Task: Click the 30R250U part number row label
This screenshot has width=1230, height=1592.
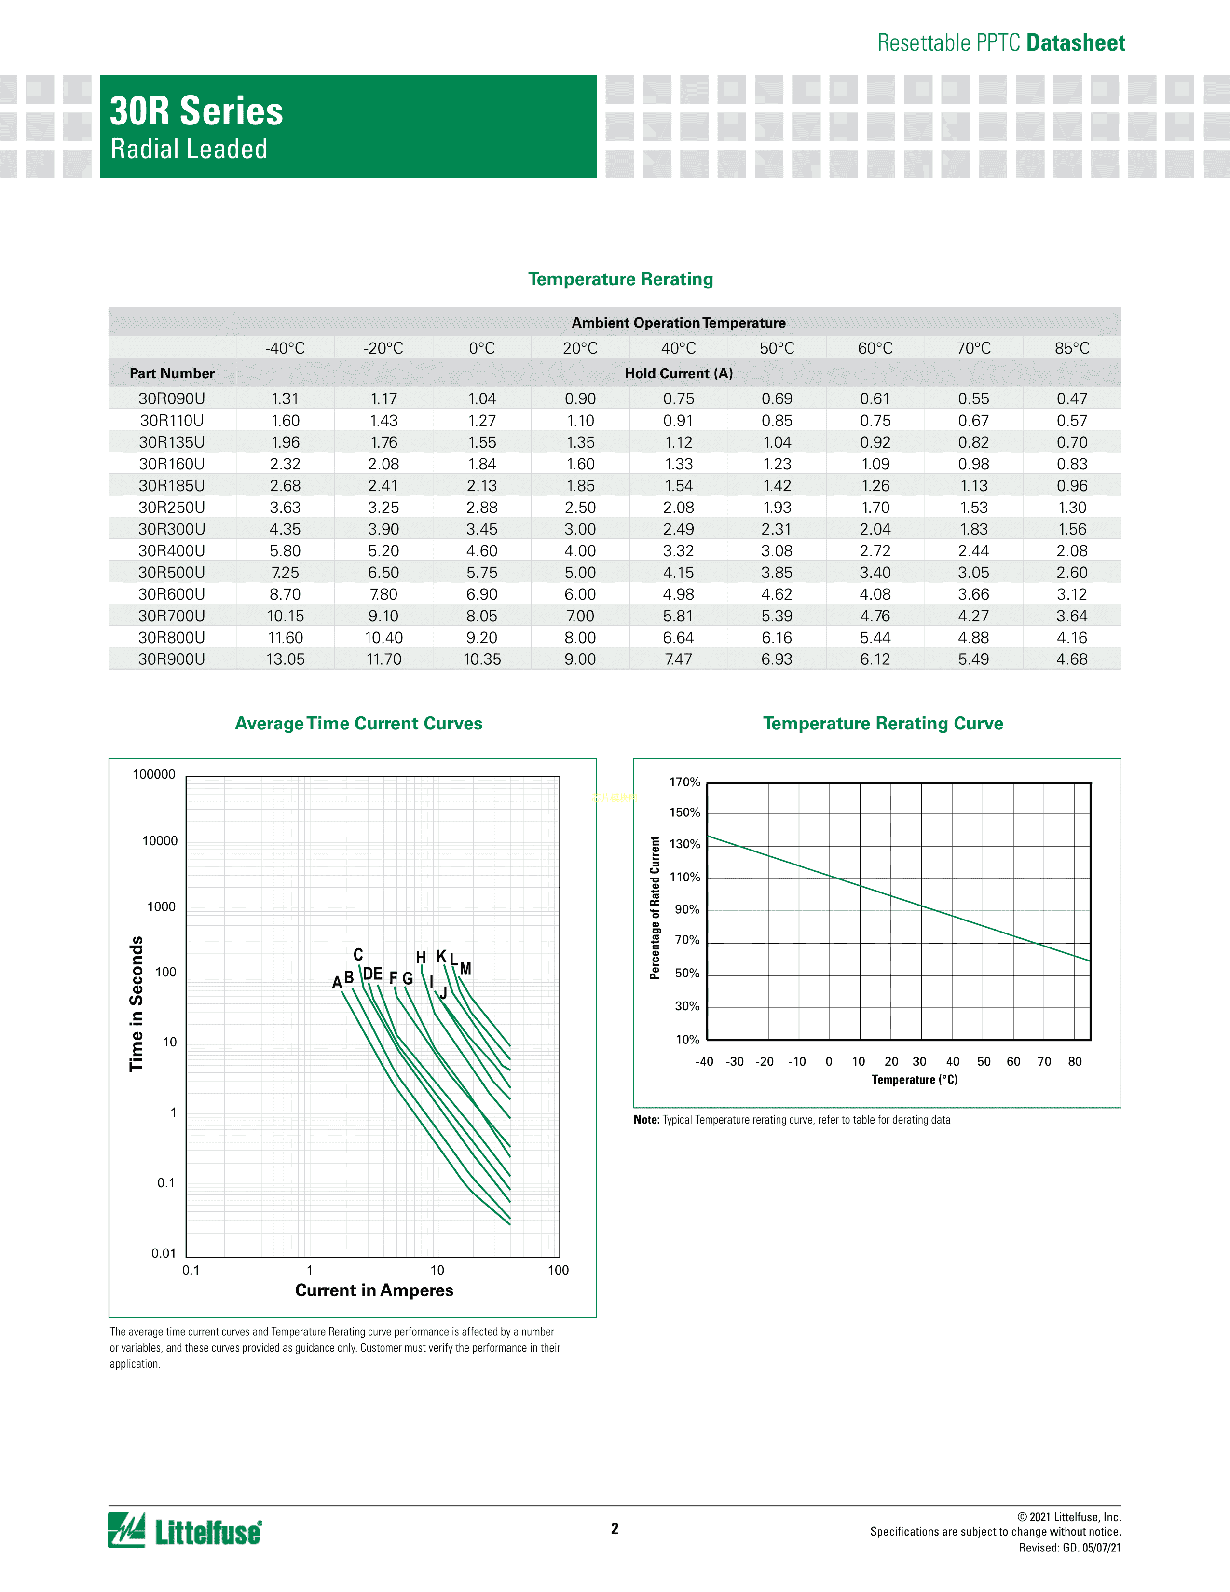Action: point(172,508)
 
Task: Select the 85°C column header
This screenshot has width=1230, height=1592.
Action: point(1072,348)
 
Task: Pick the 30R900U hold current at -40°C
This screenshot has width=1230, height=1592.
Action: point(285,659)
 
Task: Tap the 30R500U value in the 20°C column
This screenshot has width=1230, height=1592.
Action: point(580,573)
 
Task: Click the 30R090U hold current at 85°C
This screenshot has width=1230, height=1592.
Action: point(1072,399)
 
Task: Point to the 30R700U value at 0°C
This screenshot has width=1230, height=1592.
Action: point(482,616)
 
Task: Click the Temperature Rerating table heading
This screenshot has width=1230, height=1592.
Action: point(620,279)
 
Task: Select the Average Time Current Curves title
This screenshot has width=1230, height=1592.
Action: point(358,723)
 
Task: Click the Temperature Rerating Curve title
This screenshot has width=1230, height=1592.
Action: point(882,723)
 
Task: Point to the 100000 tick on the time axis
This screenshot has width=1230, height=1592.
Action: point(154,775)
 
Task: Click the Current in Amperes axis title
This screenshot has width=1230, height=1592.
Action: point(374,1290)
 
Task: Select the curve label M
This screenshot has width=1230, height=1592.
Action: point(465,969)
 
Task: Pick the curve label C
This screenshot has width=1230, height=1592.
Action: point(358,955)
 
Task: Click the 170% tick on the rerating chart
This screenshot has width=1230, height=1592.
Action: point(684,782)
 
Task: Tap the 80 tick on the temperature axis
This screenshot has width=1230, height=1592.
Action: point(1075,1061)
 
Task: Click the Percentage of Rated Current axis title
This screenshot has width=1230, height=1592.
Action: point(655,907)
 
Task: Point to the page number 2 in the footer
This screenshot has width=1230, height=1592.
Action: point(614,1529)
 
